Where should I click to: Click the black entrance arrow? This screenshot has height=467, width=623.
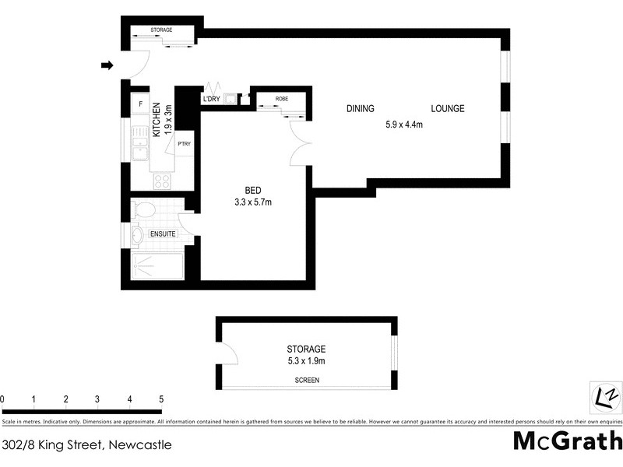click(107, 66)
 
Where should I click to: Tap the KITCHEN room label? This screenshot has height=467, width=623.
click(157, 120)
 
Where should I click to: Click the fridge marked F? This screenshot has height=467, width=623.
click(140, 104)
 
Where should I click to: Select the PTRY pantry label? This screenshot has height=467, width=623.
click(185, 144)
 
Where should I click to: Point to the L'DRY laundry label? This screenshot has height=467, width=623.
click(210, 99)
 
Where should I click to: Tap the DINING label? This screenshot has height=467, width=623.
click(361, 108)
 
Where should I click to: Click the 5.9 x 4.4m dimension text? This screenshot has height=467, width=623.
click(403, 124)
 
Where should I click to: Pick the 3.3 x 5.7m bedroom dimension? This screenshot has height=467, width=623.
click(253, 202)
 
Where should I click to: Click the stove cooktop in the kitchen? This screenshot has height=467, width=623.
click(162, 181)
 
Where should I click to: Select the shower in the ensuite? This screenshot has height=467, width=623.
click(156, 267)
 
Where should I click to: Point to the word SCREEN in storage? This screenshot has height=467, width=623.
click(307, 381)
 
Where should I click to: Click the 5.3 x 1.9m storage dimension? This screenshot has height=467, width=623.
click(306, 361)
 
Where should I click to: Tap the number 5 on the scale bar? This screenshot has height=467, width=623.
click(160, 399)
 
